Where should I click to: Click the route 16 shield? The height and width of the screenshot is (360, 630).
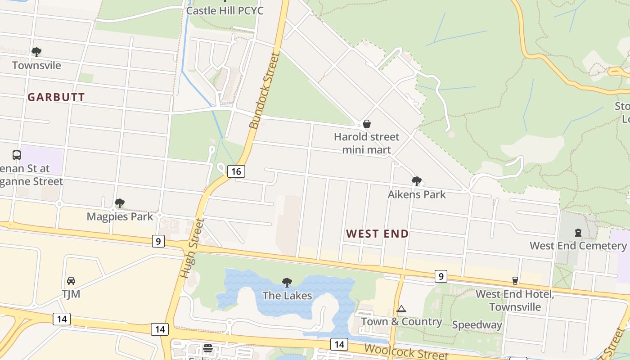236,171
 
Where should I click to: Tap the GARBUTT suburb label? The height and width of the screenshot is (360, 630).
56,97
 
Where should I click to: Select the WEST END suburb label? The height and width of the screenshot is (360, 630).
378,234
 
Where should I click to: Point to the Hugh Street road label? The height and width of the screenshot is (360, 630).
192,248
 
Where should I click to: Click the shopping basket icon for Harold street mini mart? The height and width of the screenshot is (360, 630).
367,124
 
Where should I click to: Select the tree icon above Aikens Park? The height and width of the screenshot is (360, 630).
417,181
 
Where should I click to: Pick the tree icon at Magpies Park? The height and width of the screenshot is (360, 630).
119,203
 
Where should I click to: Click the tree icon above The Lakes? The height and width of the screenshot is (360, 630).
287,282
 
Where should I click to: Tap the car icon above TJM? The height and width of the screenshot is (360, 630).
71,281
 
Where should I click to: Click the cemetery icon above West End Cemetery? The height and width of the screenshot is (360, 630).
578,233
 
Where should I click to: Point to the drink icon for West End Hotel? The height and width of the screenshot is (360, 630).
515,281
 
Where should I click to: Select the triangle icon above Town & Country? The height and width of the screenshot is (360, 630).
401,309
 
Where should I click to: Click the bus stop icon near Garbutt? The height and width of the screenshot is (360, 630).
17,155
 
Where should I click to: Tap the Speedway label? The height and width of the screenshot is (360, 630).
477,325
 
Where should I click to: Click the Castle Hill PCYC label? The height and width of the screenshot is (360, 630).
225,10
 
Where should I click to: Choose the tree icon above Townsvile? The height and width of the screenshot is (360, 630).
36,52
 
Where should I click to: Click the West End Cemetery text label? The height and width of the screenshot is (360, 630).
578,246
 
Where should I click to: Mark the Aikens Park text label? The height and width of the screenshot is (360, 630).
417,194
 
